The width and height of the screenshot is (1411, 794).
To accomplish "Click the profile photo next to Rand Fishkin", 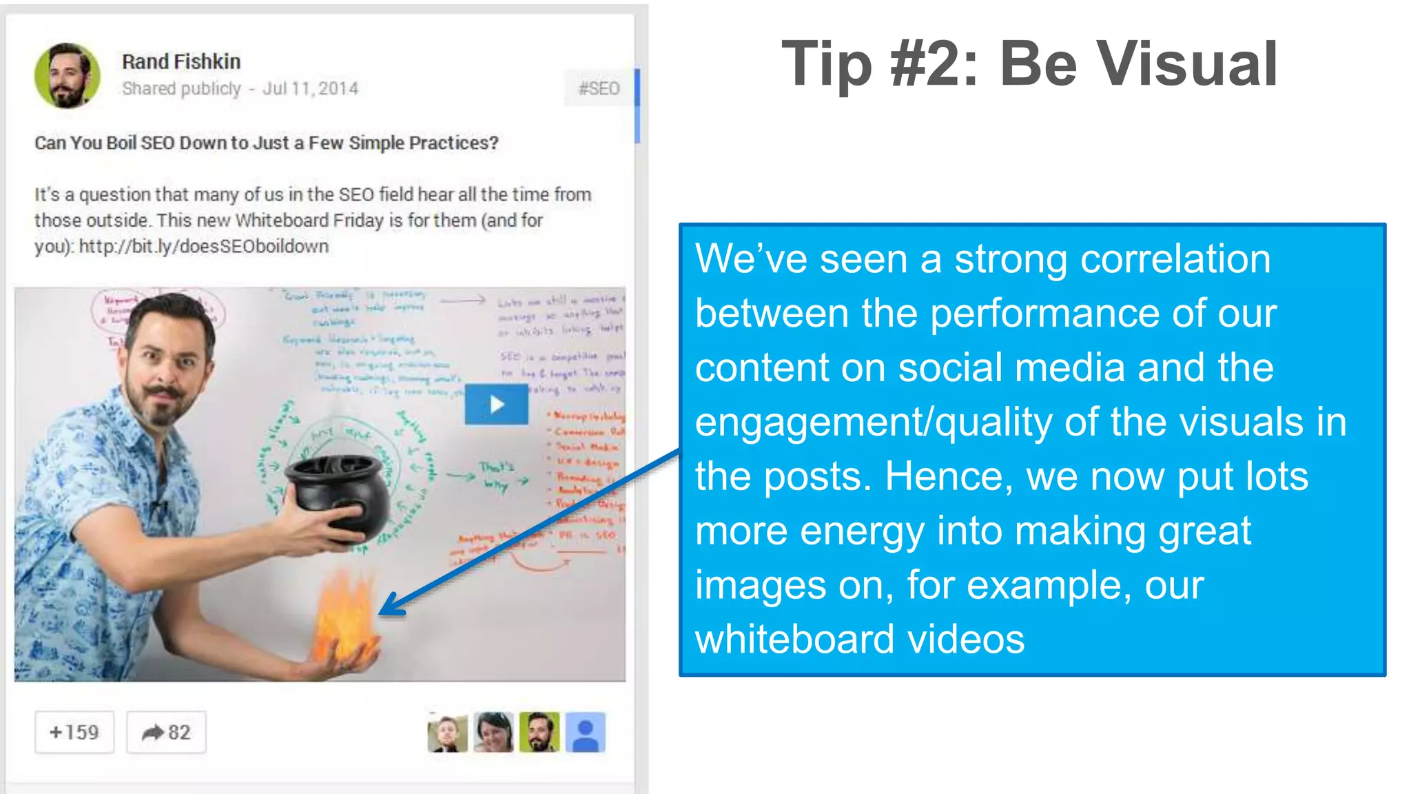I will [67, 76].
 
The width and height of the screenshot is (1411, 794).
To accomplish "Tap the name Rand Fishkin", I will [181, 61].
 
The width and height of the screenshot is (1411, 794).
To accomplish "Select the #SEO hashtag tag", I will [599, 88].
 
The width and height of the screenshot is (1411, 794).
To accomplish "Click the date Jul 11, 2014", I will [310, 88].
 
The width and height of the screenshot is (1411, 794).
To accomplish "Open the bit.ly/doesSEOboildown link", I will [203, 246].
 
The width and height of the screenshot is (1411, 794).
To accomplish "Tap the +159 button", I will [74, 732].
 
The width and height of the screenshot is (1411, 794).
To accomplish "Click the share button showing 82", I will [166, 732].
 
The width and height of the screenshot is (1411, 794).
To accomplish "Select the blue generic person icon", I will [586, 732].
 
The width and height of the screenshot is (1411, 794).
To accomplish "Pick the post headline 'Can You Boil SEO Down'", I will [266, 143].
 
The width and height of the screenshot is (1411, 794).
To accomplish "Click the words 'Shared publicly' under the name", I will [181, 88].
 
